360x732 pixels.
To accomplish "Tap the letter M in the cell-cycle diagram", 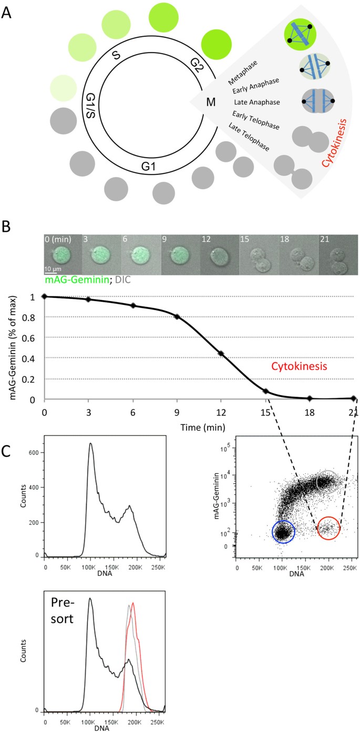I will (211, 102).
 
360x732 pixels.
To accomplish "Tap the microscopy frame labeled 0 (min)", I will (62, 255).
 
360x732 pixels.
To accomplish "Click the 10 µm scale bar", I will (51, 272).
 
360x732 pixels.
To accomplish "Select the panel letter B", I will (8, 227).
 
